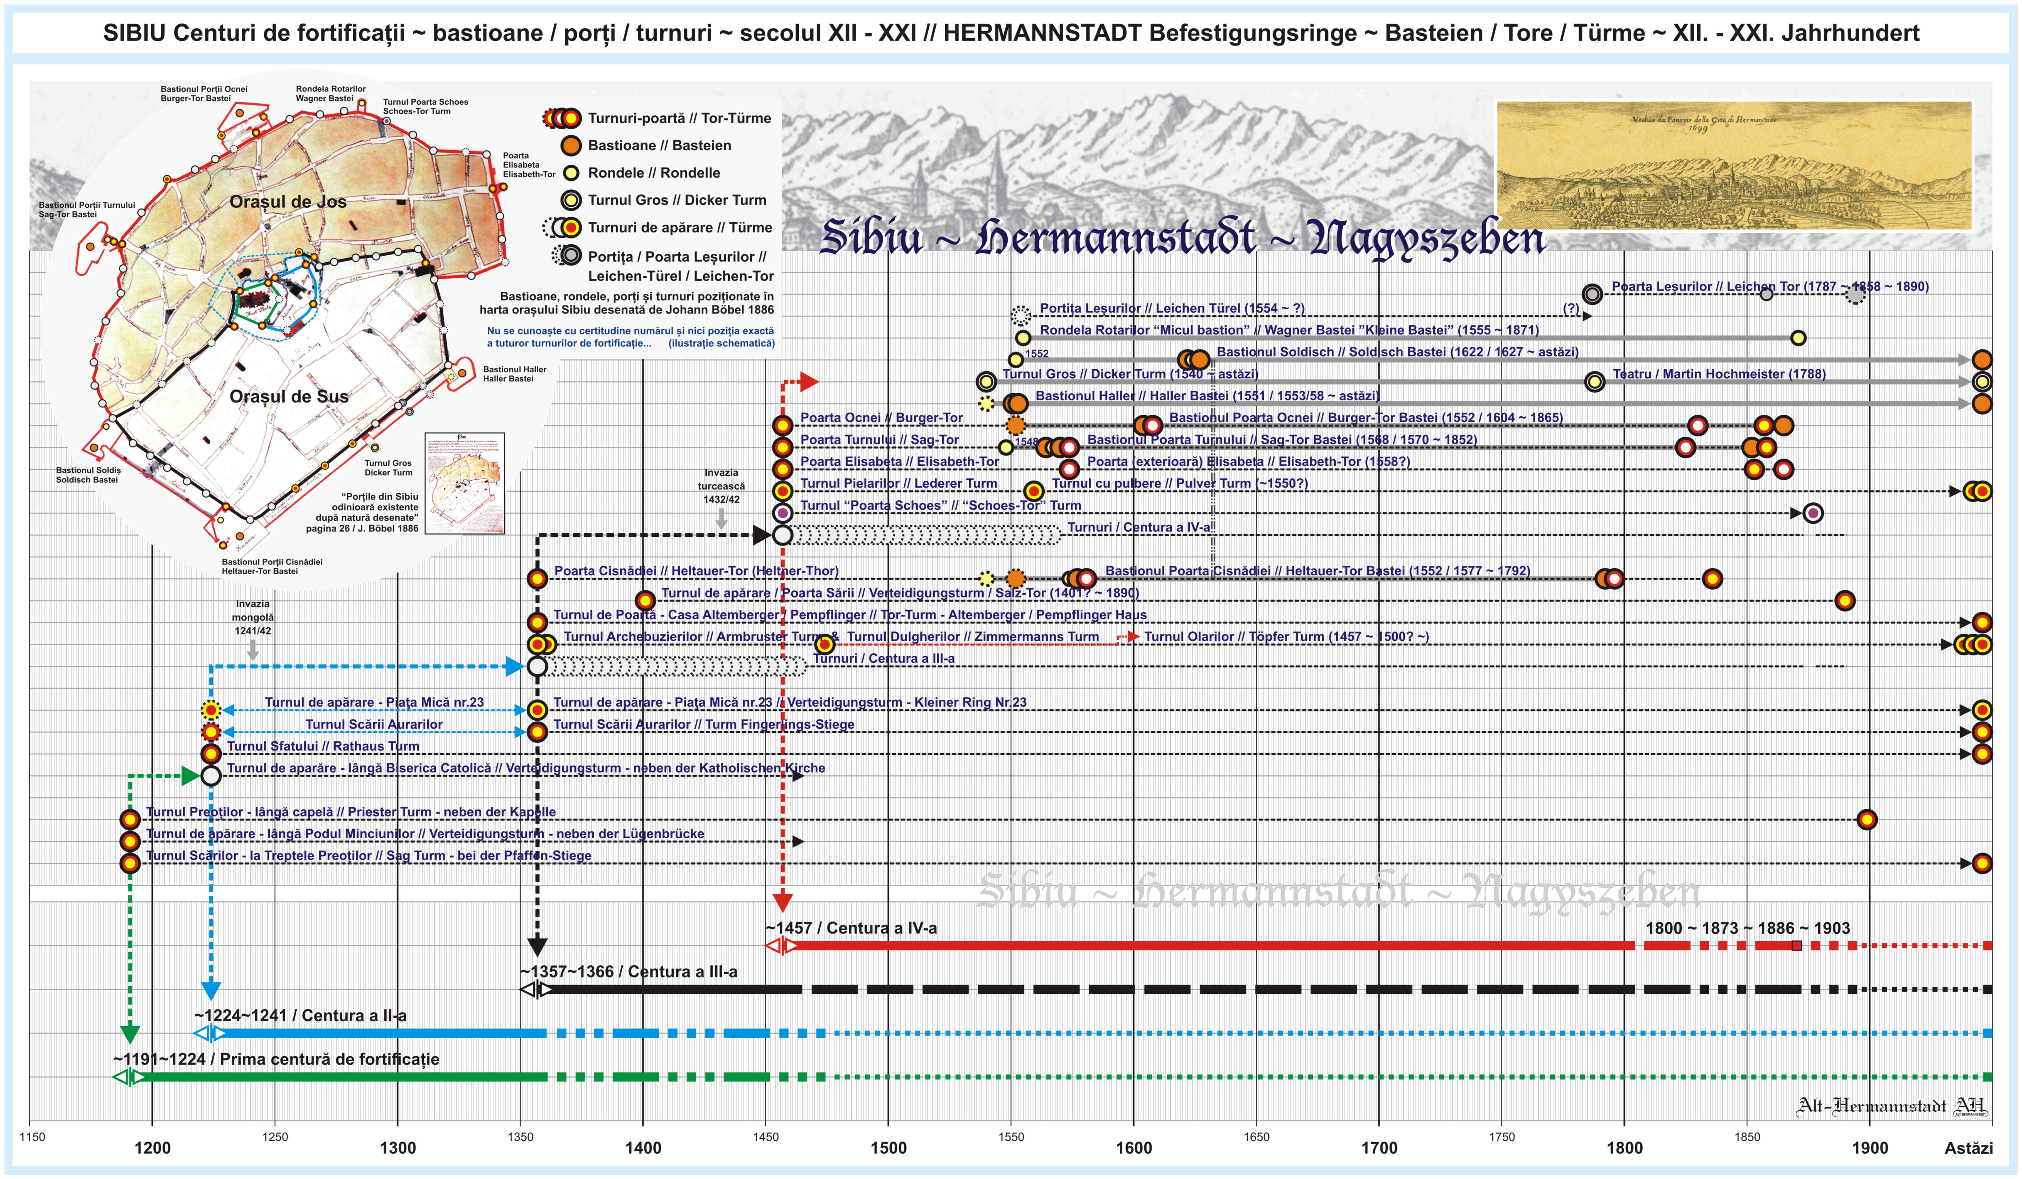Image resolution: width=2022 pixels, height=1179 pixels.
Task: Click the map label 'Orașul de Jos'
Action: (288, 201)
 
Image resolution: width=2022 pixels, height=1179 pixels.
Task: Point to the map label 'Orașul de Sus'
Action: (289, 396)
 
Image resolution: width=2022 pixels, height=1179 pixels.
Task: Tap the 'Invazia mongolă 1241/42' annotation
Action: (253, 618)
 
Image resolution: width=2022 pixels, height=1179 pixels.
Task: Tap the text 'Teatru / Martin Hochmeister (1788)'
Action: (1718, 374)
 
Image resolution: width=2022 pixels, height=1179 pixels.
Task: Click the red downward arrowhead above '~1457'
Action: (782, 902)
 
